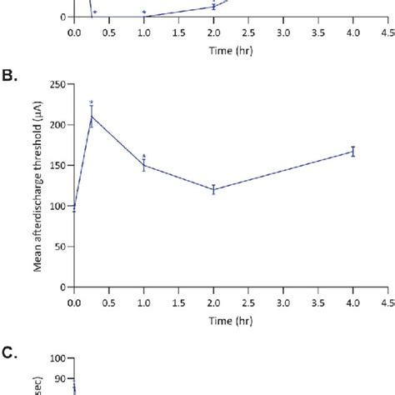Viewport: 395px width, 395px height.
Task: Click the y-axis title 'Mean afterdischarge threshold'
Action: click(x=39, y=186)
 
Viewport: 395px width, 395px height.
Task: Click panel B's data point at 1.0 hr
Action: click(x=144, y=165)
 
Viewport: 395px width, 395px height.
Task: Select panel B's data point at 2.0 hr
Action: click(x=213, y=189)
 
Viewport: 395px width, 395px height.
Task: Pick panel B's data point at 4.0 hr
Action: click(x=353, y=151)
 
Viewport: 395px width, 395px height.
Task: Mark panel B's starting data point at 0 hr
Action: click(x=74, y=207)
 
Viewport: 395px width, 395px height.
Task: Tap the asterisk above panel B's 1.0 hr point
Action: click(x=144, y=156)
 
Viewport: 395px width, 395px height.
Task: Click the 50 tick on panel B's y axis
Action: click(x=62, y=247)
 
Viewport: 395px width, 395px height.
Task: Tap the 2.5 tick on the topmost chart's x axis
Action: click(x=248, y=32)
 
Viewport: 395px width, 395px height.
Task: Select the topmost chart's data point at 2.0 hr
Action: click(x=213, y=7)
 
